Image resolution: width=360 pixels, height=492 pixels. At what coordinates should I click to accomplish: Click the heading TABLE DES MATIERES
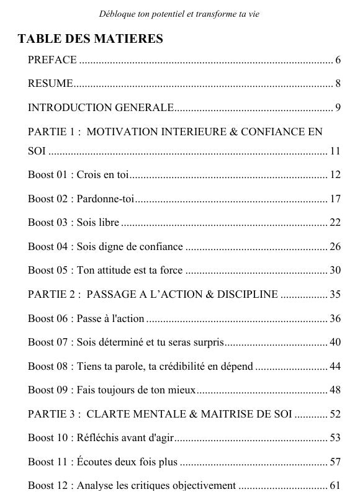90,39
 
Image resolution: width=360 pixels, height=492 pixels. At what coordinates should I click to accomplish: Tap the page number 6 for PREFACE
338,60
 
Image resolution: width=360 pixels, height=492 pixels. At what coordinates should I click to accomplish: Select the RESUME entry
50,84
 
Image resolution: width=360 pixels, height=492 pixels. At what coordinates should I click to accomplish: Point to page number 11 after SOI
335,151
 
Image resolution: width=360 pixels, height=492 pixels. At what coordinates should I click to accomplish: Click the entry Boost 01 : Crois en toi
78,175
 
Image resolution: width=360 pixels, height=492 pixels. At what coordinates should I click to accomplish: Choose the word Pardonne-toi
106,199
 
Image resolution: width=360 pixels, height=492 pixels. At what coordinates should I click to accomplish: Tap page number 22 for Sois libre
335,223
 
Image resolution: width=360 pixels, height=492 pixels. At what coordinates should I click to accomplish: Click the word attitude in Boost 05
118,271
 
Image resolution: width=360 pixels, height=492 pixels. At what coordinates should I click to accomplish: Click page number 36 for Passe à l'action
335,319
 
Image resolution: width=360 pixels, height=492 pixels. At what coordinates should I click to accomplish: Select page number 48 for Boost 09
335,390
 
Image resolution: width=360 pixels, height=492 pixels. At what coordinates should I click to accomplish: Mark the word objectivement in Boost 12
205,486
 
